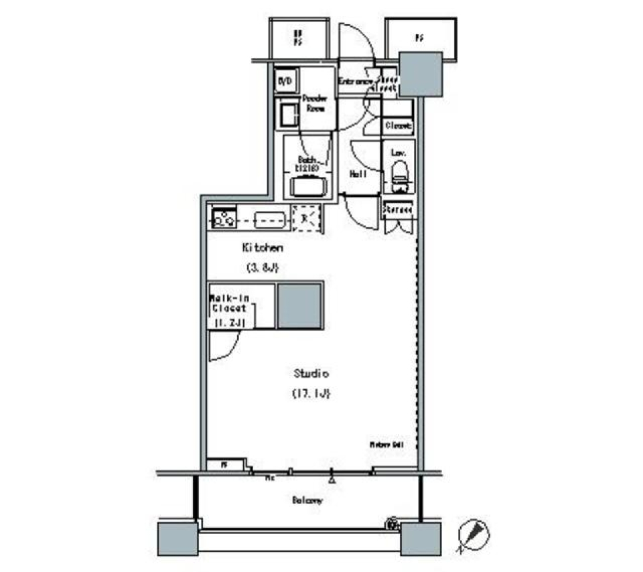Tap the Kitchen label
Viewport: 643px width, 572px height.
(x=263, y=248)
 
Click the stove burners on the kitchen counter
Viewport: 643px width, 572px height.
(x=223, y=218)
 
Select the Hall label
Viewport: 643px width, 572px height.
(x=357, y=174)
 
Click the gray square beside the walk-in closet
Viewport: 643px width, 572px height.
(x=300, y=305)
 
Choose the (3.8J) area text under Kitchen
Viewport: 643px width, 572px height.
(x=262, y=269)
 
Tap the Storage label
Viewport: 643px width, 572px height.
(x=398, y=210)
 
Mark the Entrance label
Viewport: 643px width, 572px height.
(x=356, y=82)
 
